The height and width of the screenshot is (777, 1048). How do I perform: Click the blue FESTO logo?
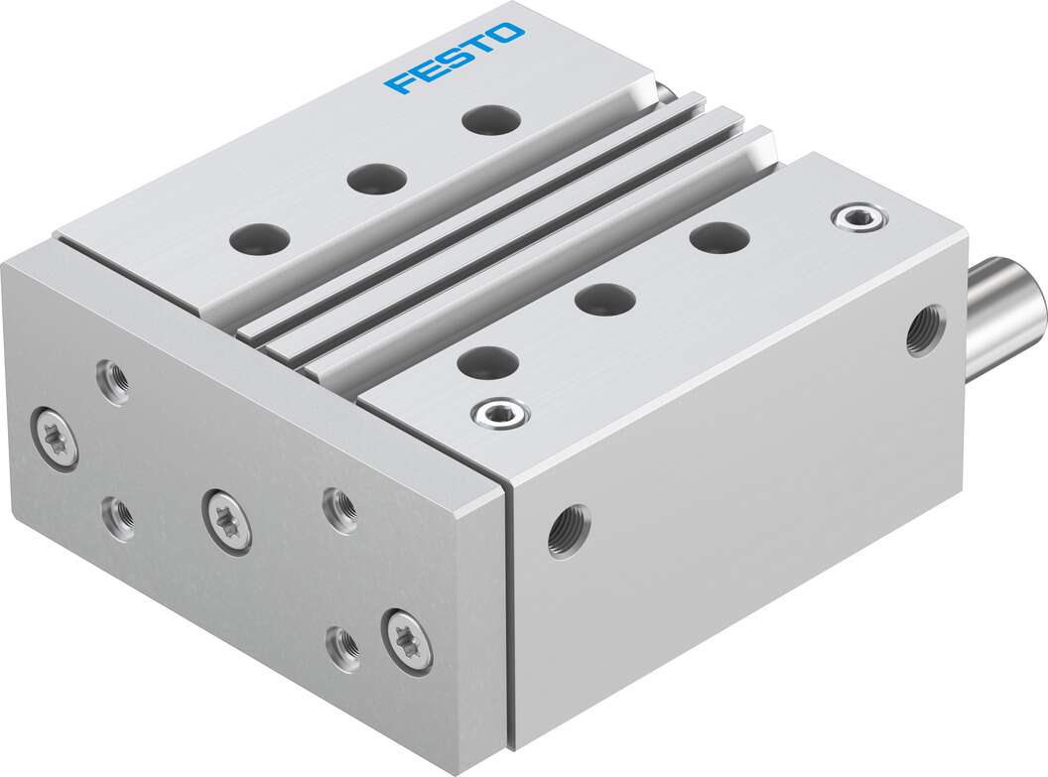point(455,58)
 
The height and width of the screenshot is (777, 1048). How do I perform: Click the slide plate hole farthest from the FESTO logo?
point(258,238)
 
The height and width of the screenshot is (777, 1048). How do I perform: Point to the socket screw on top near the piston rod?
point(859,217)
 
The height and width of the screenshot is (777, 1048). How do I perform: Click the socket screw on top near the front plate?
point(500,414)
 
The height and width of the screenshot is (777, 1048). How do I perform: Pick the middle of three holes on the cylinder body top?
point(605,298)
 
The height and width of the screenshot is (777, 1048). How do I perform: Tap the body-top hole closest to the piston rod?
point(720,237)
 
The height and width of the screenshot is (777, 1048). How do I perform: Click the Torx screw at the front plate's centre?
point(227,520)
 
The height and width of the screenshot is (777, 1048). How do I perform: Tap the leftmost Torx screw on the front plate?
point(55,439)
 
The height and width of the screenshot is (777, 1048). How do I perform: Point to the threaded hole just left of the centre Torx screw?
point(119,516)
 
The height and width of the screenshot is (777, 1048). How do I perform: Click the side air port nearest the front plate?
point(569,531)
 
